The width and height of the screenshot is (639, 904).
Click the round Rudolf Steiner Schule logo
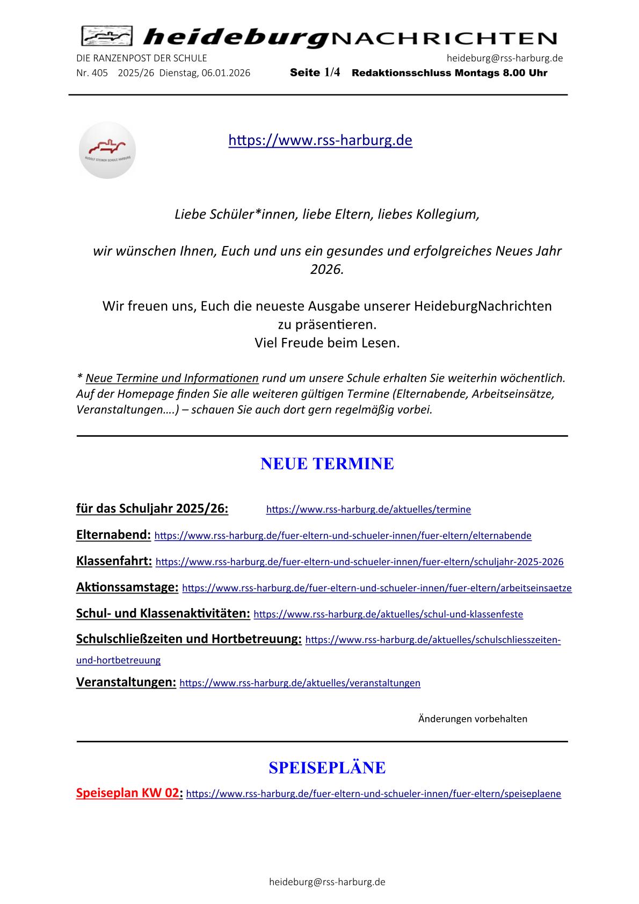pyautogui.click(x=107, y=150)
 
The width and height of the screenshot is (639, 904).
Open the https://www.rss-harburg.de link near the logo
pyautogui.click(x=320, y=140)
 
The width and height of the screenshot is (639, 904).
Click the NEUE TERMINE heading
pyautogui.click(x=327, y=464)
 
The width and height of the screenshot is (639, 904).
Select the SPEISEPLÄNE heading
pyautogui.click(x=327, y=768)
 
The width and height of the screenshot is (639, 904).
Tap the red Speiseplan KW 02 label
pyautogui.click(x=127, y=793)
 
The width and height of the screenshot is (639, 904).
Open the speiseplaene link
pyautogui.click(x=373, y=794)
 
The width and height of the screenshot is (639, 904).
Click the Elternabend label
pyautogui.click(x=113, y=534)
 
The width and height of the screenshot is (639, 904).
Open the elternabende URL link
pyautogui.click(x=343, y=536)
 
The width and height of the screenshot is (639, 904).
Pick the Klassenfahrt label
pyautogui.click(x=114, y=561)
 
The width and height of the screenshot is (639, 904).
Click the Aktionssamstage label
pyautogui.click(x=127, y=587)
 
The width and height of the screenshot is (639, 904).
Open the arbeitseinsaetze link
pyautogui.click(x=377, y=588)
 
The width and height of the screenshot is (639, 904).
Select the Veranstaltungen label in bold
pyautogui.click(x=126, y=682)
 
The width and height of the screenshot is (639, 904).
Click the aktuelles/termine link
pyautogui.click(x=368, y=509)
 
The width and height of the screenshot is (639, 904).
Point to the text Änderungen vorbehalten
pyautogui.click(x=473, y=719)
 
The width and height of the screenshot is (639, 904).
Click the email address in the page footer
pyautogui.click(x=327, y=882)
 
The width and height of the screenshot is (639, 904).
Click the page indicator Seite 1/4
pyautogui.click(x=315, y=73)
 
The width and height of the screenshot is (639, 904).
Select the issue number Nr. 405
pyautogui.click(x=92, y=73)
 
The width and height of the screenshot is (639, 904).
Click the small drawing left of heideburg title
pyautogui.click(x=106, y=37)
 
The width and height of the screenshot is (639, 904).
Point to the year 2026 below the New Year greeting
pyautogui.click(x=326, y=269)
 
